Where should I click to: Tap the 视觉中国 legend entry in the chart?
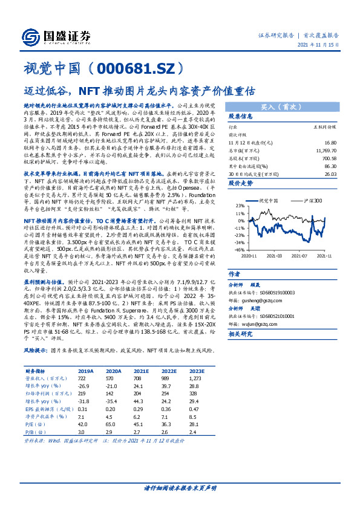266,199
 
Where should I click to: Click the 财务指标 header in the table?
36,371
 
